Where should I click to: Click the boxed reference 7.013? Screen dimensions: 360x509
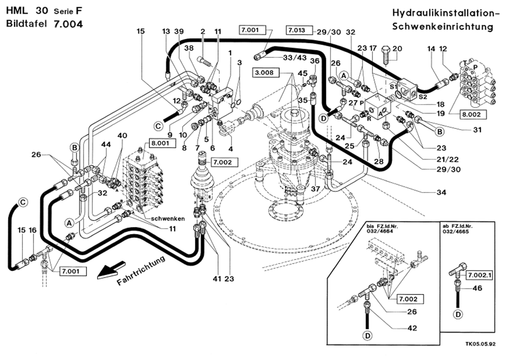297,30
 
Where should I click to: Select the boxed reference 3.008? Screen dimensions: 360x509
264,73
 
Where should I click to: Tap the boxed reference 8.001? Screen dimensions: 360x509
160,143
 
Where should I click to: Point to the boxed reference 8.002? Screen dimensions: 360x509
471,114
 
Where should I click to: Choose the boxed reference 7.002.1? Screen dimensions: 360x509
479,275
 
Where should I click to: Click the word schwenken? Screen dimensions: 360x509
168,219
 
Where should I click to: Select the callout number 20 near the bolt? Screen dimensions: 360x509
397,49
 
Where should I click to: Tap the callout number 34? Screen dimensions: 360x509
441,192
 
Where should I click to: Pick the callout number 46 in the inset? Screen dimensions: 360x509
478,288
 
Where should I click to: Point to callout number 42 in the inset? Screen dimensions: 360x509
412,328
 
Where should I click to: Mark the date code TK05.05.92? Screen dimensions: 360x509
480,344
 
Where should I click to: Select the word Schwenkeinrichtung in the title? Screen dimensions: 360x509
442,27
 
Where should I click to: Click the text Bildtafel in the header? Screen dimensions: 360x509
26,24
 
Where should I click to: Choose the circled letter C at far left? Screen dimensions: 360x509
23,203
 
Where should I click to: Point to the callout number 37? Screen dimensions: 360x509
315,189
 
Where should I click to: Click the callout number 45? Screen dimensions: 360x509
302,73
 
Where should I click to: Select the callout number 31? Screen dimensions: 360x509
477,130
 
